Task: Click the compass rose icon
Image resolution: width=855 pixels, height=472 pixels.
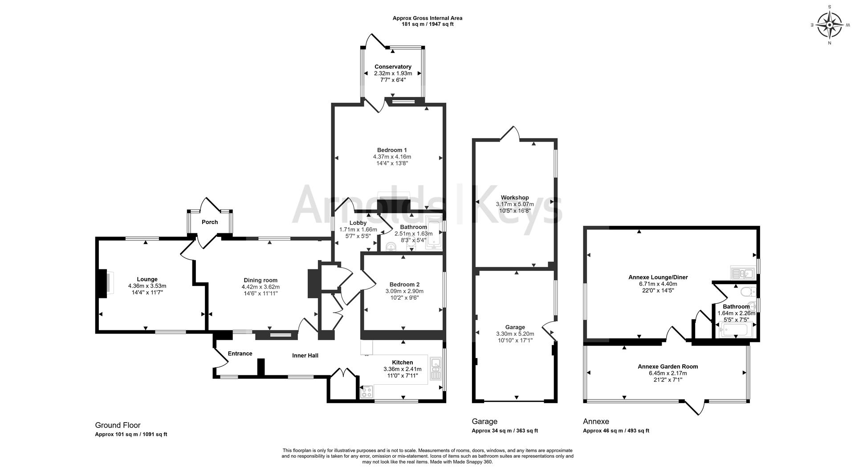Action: point(830,25)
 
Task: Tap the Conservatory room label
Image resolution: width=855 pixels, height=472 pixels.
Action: point(393,67)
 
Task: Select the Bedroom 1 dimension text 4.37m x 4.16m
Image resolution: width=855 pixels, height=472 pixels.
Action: point(392,157)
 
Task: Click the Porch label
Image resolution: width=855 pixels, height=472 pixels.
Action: point(210,222)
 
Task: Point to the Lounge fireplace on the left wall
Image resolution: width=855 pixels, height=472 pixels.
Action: point(103,284)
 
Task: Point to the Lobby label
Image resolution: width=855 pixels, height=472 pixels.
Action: point(358,223)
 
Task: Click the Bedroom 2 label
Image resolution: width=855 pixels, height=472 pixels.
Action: point(404,285)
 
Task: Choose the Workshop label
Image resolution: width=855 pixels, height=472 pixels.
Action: point(515,198)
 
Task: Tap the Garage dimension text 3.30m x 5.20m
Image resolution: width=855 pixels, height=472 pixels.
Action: point(515,334)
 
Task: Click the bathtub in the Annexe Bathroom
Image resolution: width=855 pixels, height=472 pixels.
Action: point(736,330)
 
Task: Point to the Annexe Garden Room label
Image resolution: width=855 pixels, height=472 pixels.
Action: point(668,366)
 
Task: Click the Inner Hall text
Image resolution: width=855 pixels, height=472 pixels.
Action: point(305,355)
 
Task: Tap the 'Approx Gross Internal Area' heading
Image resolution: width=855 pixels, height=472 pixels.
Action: point(427,18)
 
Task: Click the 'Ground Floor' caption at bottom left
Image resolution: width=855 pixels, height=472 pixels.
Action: point(118,425)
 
